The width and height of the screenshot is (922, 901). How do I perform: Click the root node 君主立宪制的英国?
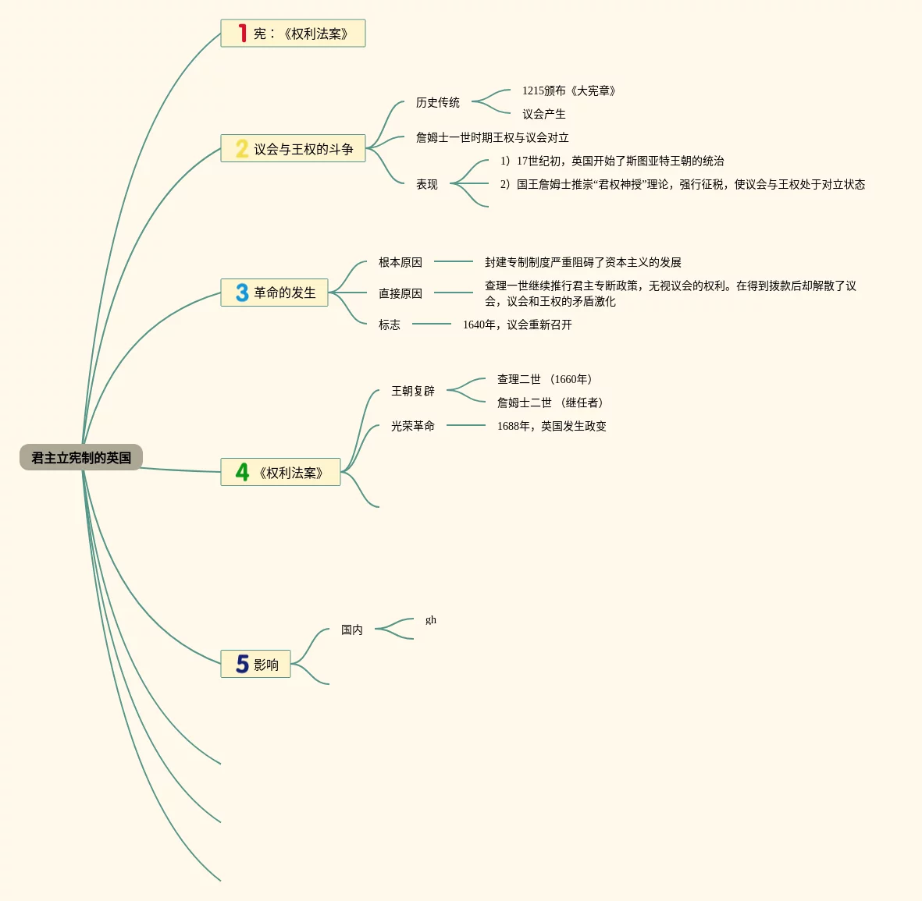coord(81,458)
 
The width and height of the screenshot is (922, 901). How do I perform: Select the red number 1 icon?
coord(243,34)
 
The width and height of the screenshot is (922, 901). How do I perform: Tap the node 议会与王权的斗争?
coord(303,149)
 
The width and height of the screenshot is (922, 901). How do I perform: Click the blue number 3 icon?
coord(242,293)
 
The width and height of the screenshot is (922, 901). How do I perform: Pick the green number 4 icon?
coord(243,472)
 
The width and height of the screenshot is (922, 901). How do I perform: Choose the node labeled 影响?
coord(265,665)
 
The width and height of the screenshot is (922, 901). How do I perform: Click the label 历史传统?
coord(437,102)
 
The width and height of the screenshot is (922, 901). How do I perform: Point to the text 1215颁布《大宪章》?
coord(569,90)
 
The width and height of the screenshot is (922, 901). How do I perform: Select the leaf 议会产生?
coord(544,114)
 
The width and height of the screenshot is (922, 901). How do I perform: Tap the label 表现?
coord(426,184)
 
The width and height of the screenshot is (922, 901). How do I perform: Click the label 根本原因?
coord(400,262)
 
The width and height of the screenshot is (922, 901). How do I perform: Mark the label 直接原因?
coord(400,293)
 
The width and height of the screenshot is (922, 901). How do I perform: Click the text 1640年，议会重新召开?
coord(517,325)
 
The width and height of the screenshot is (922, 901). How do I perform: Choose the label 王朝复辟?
coord(412,391)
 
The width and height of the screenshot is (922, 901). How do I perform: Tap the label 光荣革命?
coord(412,426)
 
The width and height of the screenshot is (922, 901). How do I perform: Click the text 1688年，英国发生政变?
coord(551,426)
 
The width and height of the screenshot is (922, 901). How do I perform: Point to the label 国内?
coord(351,630)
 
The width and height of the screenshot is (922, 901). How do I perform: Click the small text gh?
coord(431,620)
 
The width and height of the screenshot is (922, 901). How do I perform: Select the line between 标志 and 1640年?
coord(432,324)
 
